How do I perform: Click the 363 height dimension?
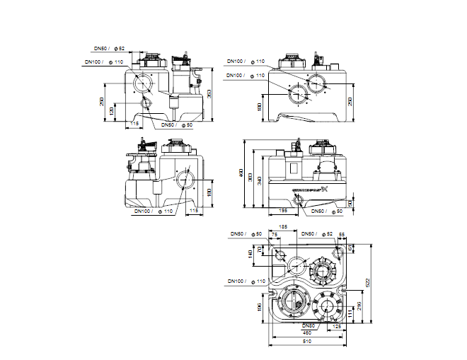click(211, 92)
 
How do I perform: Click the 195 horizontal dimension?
click(281, 211)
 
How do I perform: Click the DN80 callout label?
click(309, 325)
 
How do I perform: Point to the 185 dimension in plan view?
click(284, 226)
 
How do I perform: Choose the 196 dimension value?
click(260, 306)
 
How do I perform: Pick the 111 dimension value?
click(350, 312)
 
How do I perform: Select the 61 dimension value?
click(350, 248)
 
